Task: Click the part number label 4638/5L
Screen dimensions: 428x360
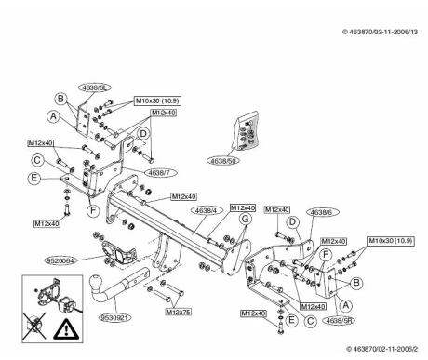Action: (x=95, y=87)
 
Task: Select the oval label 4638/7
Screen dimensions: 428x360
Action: (x=160, y=173)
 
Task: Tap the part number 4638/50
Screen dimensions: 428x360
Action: (x=223, y=161)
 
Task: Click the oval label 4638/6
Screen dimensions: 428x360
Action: (x=323, y=212)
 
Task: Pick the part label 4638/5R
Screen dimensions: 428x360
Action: (x=339, y=320)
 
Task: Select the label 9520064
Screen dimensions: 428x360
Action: (x=60, y=260)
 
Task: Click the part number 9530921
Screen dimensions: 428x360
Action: (x=114, y=318)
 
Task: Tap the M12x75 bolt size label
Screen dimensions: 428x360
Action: (x=178, y=312)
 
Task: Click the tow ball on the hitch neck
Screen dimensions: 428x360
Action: (x=96, y=283)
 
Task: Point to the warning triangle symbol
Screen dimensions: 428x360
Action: (x=66, y=328)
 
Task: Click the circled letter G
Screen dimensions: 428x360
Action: (x=245, y=219)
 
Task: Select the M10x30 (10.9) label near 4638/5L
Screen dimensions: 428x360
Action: (x=157, y=100)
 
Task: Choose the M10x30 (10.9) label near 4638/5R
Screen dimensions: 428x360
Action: (x=391, y=241)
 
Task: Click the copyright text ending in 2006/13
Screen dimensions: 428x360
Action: (x=381, y=32)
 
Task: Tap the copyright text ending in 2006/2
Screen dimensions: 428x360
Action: (x=382, y=349)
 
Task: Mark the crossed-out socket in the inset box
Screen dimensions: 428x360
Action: (x=34, y=326)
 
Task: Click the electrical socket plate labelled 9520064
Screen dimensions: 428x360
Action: (x=118, y=253)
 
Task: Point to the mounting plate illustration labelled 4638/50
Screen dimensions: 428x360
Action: (x=247, y=131)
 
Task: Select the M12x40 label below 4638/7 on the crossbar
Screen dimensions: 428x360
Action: (x=184, y=196)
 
